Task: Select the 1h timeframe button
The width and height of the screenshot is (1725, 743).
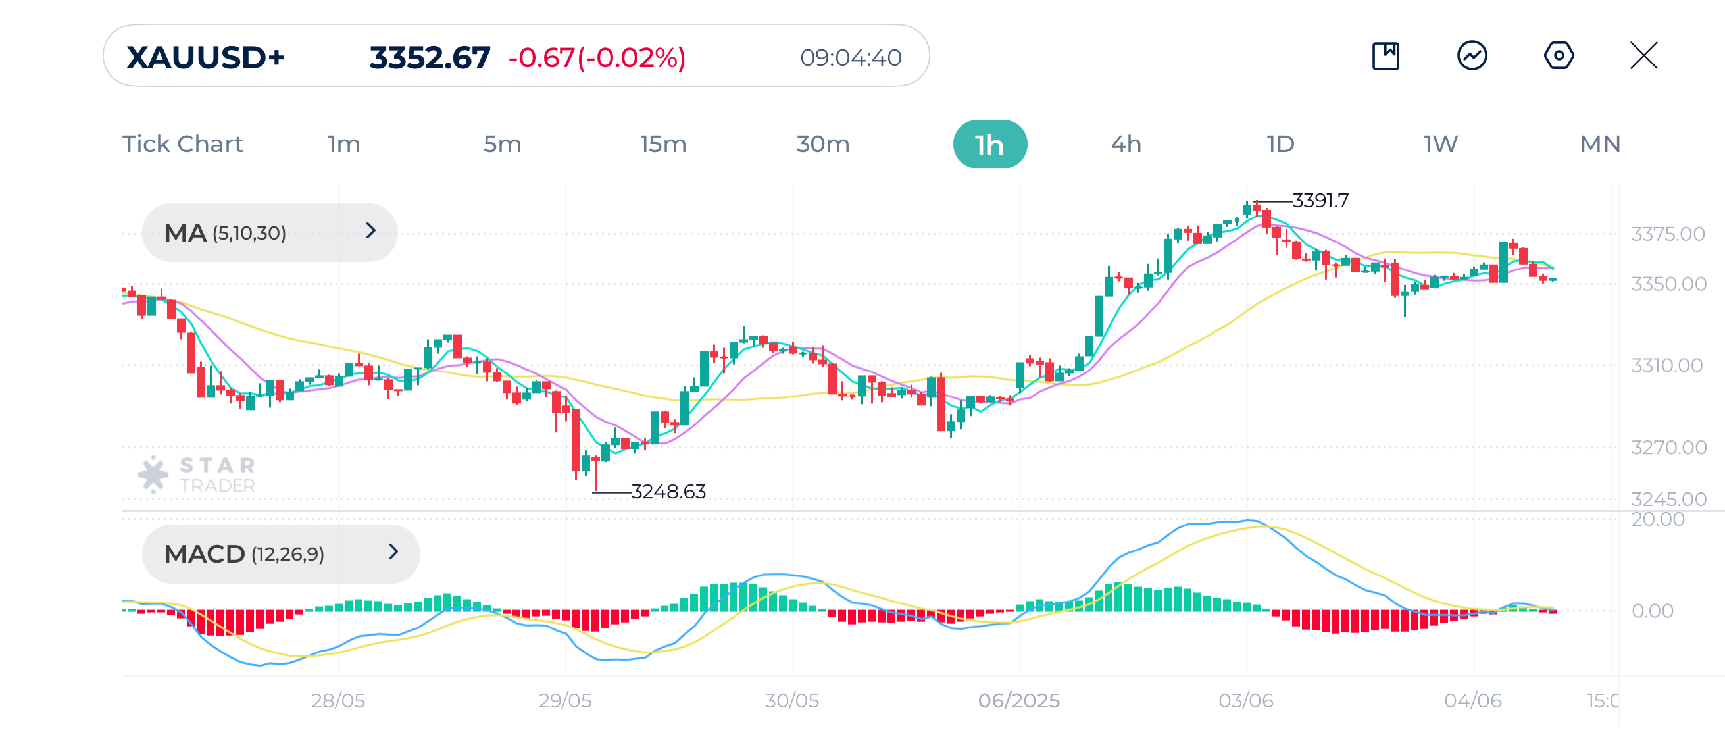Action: [989, 144]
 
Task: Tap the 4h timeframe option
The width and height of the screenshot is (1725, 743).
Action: [1125, 144]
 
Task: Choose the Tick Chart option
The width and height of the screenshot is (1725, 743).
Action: [182, 144]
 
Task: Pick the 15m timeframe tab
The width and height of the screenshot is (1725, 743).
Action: [662, 144]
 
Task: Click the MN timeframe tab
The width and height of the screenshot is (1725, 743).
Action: [1599, 144]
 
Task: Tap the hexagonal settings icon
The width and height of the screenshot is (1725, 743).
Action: [1558, 55]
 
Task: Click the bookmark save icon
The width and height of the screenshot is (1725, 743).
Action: [1385, 55]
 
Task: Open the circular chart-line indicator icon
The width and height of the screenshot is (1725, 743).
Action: [1471, 55]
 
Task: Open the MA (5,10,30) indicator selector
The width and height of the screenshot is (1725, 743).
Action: [269, 232]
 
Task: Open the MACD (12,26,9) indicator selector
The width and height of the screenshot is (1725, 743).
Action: [280, 553]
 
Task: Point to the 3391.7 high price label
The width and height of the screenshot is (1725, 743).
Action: [1319, 200]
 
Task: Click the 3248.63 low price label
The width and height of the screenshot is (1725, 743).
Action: [668, 491]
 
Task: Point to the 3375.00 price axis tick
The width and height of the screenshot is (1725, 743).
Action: [1666, 234]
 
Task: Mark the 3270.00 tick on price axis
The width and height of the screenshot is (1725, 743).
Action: [1667, 447]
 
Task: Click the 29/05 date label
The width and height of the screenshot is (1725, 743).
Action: [564, 700]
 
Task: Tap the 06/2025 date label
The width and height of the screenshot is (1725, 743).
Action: [1018, 700]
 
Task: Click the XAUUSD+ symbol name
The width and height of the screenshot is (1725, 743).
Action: [205, 58]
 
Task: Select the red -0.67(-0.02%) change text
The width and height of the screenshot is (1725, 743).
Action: [596, 58]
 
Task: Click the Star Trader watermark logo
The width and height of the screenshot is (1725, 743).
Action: [197, 474]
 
